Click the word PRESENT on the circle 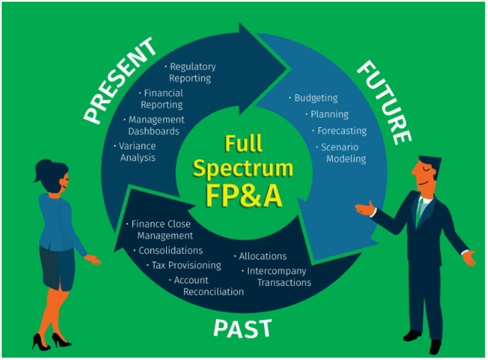(x=120, y=81)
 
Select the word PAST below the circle (x=242, y=329)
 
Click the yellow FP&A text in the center (x=244, y=196)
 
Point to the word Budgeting (x=316, y=98)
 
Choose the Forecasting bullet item (x=342, y=131)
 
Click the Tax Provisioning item (x=186, y=265)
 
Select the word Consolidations (x=170, y=251)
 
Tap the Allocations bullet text (x=263, y=256)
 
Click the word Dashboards (x=154, y=131)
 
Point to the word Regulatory (x=193, y=67)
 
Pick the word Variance (x=137, y=146)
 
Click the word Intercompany (x=276, y=271)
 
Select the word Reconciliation (x=214, y=292)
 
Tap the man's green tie (x=419, y=210)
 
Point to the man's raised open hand (x=365, y=208)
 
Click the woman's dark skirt (x=57, y=267)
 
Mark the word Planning (x=330, y=115)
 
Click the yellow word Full (x=243, y=143)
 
